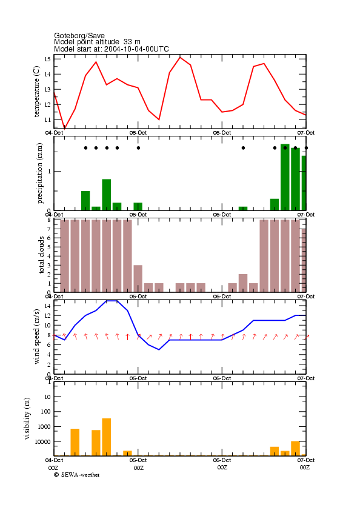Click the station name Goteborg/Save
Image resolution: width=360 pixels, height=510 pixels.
79,35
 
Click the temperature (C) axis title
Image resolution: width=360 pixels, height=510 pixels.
36,92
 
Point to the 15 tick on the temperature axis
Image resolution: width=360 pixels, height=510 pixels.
48,59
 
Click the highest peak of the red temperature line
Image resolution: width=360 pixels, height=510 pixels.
180,57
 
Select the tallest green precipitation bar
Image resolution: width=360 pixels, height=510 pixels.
285,177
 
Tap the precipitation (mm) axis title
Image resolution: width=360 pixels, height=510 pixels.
39,173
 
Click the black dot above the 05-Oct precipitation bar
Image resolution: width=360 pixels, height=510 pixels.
139,148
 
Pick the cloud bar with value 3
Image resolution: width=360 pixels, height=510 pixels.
138,279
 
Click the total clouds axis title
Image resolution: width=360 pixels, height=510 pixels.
41,255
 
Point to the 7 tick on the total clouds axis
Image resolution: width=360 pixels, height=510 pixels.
48,229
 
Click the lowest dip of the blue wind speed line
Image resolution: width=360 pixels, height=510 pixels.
159,350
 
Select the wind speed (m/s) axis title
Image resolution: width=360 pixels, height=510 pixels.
36,337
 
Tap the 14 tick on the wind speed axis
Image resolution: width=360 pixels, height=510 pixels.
47,306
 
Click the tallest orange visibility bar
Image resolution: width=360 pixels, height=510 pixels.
106,437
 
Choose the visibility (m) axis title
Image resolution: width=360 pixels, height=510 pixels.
27,418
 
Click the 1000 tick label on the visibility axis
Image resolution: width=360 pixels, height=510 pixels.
45,426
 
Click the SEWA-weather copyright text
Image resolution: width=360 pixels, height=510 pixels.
77,475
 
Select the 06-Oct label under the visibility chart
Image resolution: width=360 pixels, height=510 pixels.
222,460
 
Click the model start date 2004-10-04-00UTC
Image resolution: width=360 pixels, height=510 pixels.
136,49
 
